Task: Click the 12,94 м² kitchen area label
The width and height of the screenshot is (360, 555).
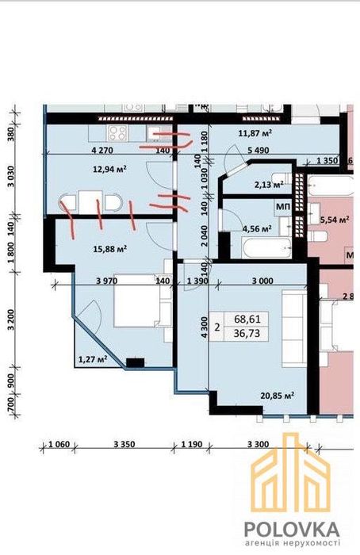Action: click(x=110, y=169)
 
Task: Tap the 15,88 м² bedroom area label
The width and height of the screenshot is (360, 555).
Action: click(x=110, y=249)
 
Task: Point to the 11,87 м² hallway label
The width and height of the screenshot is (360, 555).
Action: click(x=255, y=133)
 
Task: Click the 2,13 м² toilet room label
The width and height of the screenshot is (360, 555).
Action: click(x=269, y=185)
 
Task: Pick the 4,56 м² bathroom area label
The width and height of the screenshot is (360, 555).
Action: click(x=257, y=228)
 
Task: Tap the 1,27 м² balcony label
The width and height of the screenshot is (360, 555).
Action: click(x=93, y=360)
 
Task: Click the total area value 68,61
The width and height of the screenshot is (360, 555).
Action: click(x=247, y=320)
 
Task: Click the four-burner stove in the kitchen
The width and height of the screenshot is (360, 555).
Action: click(x=117, y=133)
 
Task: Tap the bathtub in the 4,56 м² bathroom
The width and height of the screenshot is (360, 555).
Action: click(x=266, y=247)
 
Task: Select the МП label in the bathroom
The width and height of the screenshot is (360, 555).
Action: click(x=283, y=207)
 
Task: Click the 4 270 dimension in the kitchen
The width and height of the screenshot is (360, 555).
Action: click(x=102, y=151)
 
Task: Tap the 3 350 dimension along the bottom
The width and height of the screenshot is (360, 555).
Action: click(x=124, y=444)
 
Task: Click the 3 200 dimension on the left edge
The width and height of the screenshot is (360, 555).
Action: click(x=11, y=321)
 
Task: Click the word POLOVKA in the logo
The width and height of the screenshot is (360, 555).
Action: click(x=292, y=529)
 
